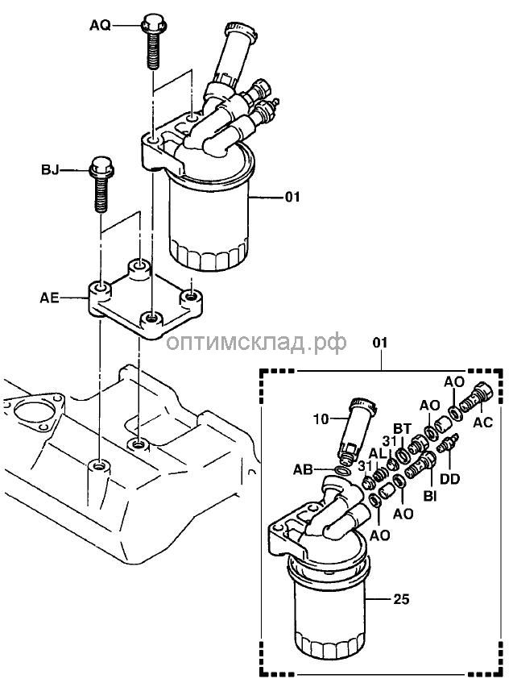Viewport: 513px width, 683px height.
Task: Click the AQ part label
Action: pos(100,26)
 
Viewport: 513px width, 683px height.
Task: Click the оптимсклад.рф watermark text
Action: pos(257,343)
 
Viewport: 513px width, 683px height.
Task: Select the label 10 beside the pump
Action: pos(322,419)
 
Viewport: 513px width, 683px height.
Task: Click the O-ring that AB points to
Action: pos(341,469)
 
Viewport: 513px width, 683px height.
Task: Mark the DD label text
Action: pos(451,478)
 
